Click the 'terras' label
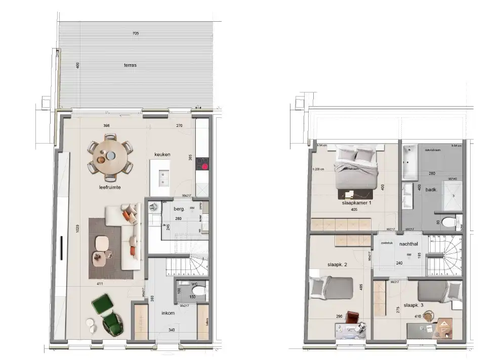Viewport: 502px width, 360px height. (130, 65)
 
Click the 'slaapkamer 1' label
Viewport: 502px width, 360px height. (357, 202)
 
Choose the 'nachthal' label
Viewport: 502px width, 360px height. (408, 244)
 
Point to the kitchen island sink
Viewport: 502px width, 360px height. (163, 176)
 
